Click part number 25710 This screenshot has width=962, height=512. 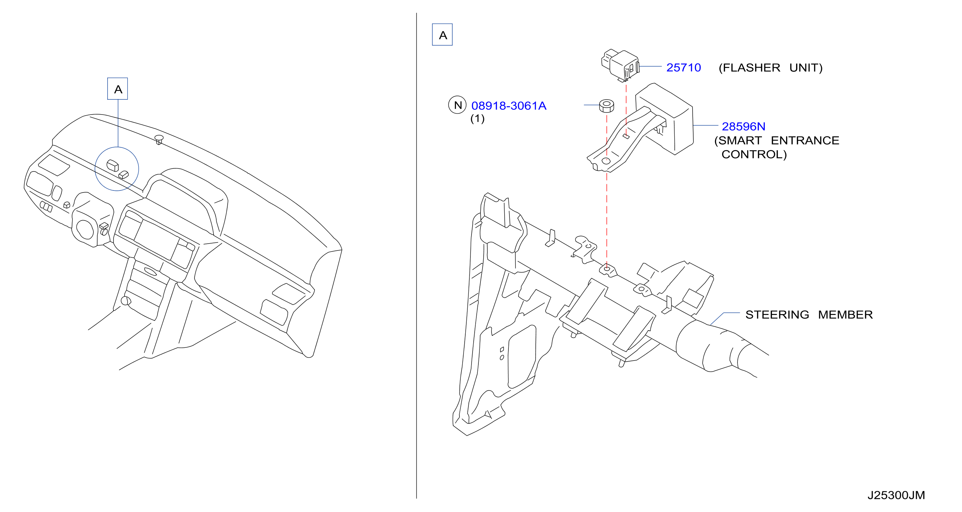683,68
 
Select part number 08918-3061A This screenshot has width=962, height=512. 509,106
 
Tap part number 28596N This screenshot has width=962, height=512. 743,126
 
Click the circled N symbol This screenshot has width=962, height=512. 457,105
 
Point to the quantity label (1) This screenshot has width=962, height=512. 477,119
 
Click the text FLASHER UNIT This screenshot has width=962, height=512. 771,68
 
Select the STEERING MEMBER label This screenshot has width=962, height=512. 809,314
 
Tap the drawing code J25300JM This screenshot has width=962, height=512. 896,495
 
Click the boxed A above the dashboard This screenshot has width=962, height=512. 118,89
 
